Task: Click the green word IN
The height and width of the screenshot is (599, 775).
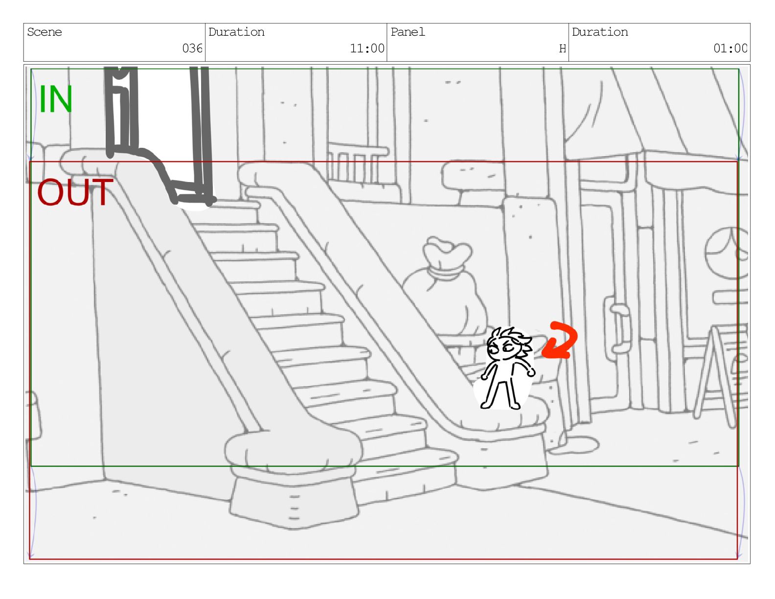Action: tap(56, 99)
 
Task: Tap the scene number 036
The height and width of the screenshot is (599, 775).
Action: tap(192, 48)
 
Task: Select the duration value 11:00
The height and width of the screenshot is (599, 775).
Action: tap(367, 48)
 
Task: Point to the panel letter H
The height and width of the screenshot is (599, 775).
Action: tap(563, 48)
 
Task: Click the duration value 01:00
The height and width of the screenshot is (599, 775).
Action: tap(730, 48)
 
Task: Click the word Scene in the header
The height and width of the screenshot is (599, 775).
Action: tap(45, 32)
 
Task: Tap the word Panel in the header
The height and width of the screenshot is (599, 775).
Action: tap(408, 32)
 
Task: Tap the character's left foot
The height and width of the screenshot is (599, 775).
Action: tap(485, 405)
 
